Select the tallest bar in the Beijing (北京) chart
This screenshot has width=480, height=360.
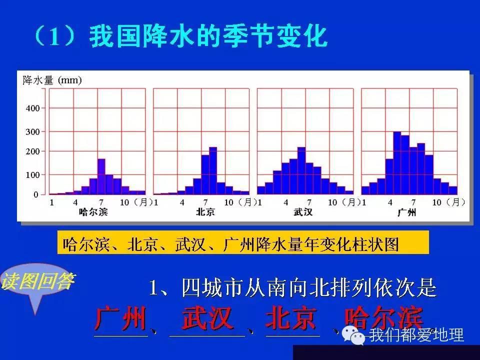[x=213, y=170]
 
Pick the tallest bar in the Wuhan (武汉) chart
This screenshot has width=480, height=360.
[x=301, y=170]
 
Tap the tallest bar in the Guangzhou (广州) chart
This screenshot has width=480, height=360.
[x=397, y=163]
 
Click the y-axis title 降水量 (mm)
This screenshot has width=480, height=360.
[x=52, y=80]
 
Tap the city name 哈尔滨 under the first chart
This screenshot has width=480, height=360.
[x=93, y=212]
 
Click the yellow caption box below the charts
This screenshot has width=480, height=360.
[x=243, y=243]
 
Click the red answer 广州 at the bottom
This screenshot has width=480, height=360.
[x=121, y=319]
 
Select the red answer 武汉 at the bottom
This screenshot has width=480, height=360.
[x=207, y=319]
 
